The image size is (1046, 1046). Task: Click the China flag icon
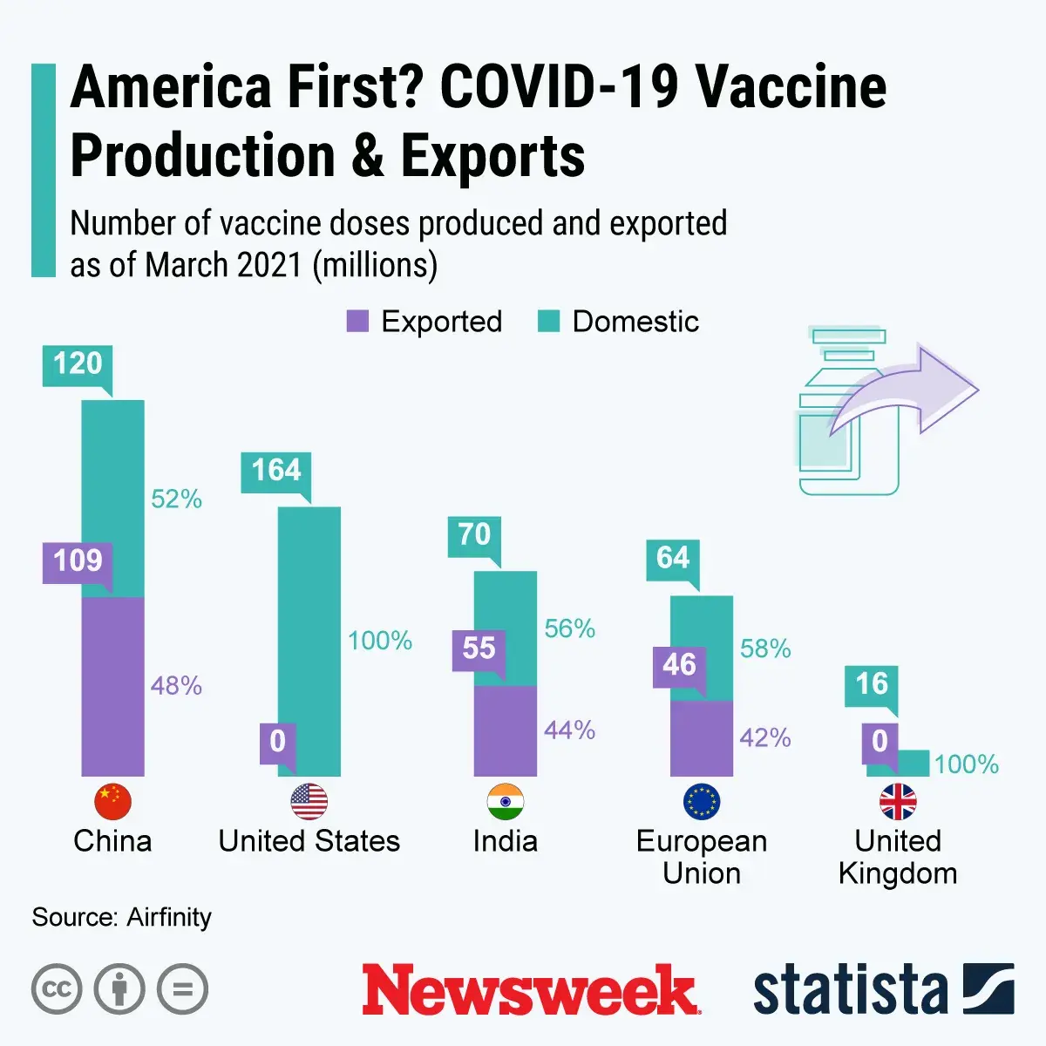coord(112,802)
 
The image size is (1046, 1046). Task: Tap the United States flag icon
coord(309,802)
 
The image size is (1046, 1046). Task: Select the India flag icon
coord(505,802)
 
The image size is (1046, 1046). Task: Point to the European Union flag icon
coord(702,802)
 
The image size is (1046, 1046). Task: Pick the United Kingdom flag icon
coord(898,802)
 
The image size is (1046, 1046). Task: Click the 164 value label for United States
coord(275,471)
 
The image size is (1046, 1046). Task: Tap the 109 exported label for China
coord(78,560)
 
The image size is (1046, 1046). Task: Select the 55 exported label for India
coord(479,649)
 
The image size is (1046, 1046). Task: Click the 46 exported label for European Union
coord(679,665)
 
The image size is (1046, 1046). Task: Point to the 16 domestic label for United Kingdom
coord(872,684)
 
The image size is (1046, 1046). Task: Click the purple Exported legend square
coord(357,322)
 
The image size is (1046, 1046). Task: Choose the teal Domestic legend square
coord(548,322)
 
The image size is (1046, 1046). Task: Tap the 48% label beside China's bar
coord(176,686)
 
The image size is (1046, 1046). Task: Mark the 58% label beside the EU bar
coord(765,649)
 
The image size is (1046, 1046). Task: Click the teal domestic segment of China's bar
coord(113,497)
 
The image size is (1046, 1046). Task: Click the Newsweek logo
coord(530,989)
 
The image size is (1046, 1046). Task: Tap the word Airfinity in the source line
coord(169,917)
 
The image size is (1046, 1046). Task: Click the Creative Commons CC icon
coord(57,989)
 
